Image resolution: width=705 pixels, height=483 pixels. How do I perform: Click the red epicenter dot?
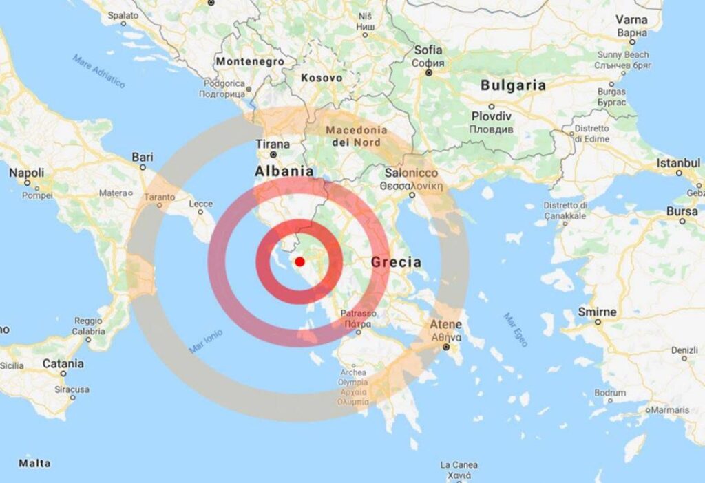(x=299, y=261)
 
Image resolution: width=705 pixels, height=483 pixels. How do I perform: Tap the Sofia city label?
(x=428, y=50)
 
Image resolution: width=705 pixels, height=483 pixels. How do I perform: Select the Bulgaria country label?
(x=513, y=86)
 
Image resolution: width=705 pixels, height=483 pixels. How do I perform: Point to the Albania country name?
(x=284, y=171)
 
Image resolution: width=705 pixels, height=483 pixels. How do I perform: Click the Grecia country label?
(x=396, y=262)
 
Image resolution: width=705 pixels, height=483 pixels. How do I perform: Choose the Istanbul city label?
(x=678, y=163)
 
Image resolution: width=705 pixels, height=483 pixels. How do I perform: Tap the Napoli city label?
(x=27, y=173)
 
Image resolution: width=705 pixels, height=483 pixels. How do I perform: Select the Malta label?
(x=34, y=463)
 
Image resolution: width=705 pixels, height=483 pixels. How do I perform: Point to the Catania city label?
(x=63, y=363)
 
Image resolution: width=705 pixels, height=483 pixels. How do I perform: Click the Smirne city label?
(x=597, y=312)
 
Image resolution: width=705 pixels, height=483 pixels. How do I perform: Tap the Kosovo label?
(x=322, y=78)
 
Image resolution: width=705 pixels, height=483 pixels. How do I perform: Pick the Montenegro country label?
(x=250, y=61)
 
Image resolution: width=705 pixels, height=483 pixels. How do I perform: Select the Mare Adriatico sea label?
(x=100, y=71)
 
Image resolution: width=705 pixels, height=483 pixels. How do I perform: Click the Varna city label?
(x=631, y=20)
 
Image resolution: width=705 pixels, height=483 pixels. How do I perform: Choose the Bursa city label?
(x=682, y=211)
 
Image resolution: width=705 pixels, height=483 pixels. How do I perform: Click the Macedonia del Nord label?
(x=356, y=136)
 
